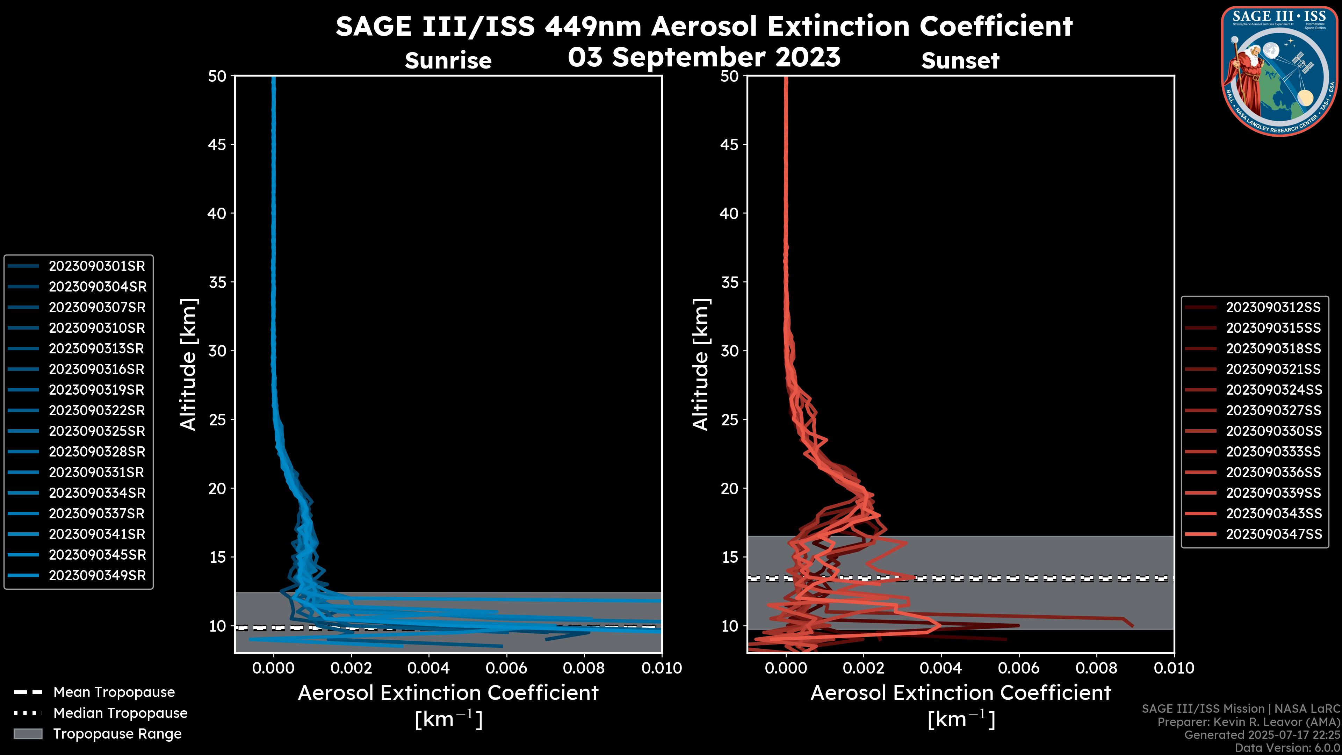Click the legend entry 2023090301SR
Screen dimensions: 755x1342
click(x=96, y=266)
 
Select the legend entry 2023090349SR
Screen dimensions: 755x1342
click(x=97, y=576)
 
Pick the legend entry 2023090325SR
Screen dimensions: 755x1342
click(x=97, y=431)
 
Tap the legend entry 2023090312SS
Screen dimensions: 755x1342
click(x=1273, y=308)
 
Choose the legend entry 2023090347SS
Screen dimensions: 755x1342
click(x=1273, y=534)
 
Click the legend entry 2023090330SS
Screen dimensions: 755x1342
click(x=1273, y=431)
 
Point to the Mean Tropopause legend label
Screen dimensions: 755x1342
click(x=114, y=692)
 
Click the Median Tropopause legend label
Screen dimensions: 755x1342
click(x=120, y=713)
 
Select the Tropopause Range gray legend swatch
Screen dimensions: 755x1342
click(x=28, y=734)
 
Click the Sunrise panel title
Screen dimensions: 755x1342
click(x=448, y=61)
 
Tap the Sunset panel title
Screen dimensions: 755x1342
click(x=960, y=61)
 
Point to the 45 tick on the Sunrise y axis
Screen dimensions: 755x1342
click(x=217, y=145)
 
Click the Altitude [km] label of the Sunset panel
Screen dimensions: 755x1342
click(x=701, y=365)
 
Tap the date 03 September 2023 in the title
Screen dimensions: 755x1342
click(x=704, y=57)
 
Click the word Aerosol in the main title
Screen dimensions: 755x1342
click(x=705, y=26)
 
